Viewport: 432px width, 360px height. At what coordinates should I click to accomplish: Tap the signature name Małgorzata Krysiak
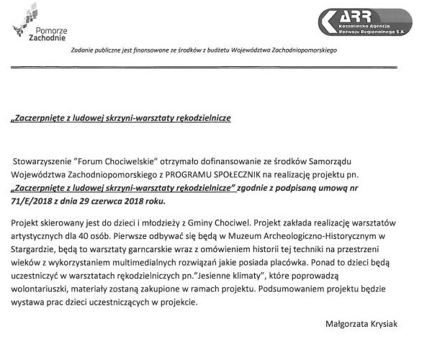(x=366, y=324)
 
